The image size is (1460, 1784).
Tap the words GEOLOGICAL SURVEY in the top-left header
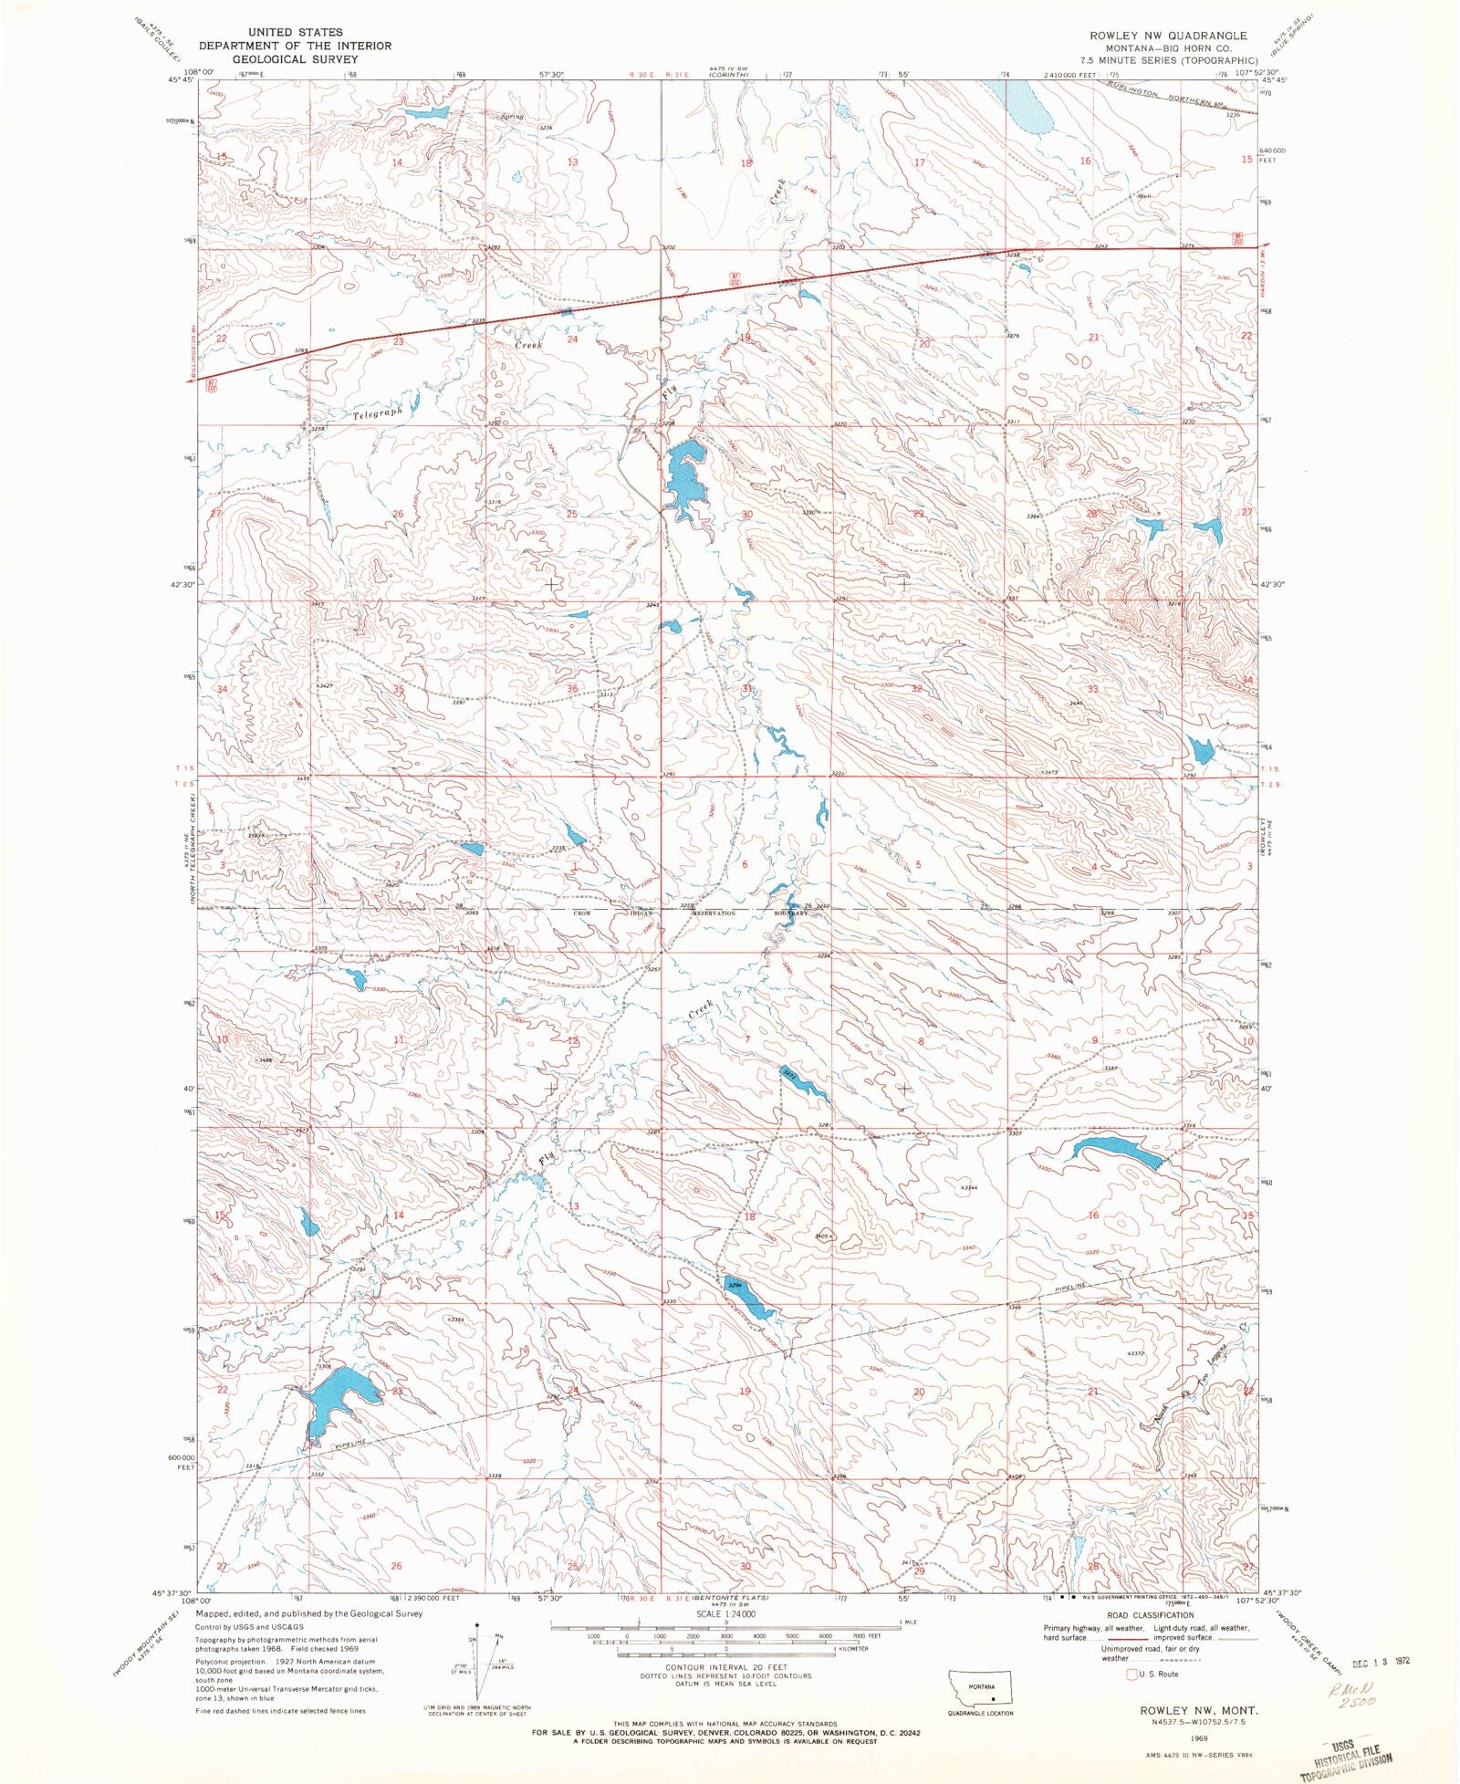click(295, 58)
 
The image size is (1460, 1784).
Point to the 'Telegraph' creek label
click(378, 413)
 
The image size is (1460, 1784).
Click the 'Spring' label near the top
click(512, 117)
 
